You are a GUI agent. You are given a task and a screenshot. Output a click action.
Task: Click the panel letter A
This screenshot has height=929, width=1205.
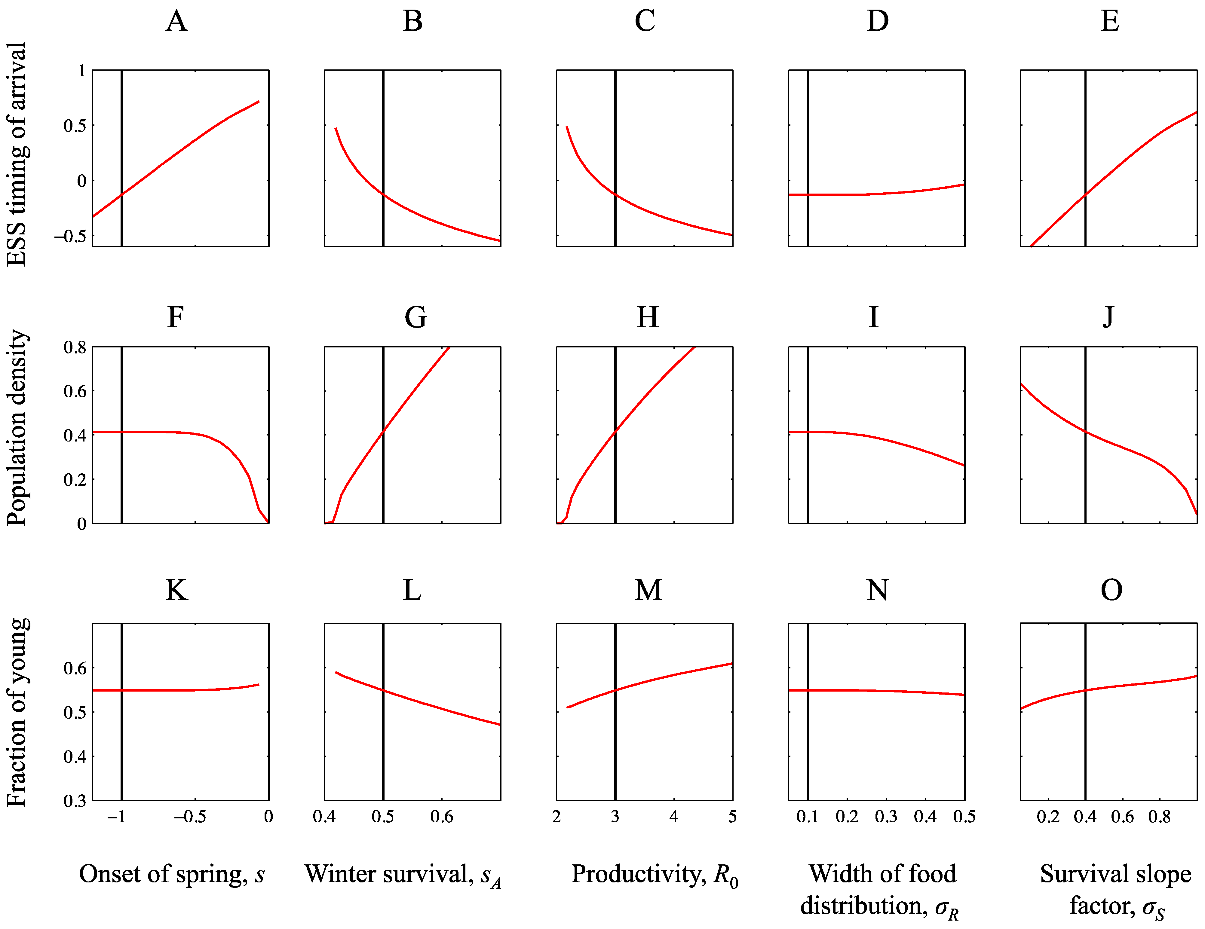(176, 22)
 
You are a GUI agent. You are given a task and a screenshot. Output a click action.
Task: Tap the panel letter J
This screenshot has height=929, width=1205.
(1108, 317)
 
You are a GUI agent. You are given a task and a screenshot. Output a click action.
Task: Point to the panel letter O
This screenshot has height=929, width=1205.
(1111, 590)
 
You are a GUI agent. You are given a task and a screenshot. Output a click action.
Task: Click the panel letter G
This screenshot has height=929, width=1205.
(415, 317)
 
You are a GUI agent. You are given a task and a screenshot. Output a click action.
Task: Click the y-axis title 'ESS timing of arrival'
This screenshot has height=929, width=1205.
(17, 154)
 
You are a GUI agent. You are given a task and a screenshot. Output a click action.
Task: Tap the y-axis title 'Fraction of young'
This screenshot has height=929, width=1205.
(17, 713)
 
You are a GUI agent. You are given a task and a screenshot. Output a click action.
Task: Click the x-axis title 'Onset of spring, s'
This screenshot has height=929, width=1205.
(172, 874)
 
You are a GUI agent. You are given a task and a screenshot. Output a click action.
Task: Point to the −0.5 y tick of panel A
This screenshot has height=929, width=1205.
(70, 236)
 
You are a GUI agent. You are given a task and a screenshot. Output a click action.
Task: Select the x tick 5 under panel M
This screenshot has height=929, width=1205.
(732, 817)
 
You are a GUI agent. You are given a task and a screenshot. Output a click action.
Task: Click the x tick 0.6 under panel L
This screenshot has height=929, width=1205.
(441, 817)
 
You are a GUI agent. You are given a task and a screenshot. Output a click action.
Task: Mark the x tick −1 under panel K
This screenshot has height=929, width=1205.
(116, 817)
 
